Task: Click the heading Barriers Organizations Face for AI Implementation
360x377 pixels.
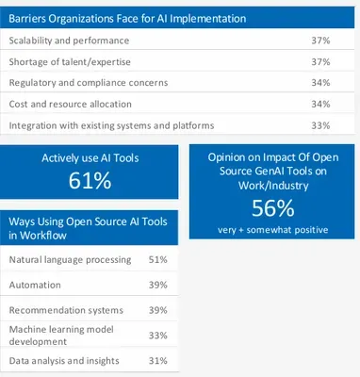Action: (127, 19)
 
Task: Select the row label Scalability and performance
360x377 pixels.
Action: (69, 41)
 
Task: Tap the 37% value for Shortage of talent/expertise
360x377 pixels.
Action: (320, 62)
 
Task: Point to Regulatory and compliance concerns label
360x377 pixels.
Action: (89, 83)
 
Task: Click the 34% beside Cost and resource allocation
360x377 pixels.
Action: (320, 104)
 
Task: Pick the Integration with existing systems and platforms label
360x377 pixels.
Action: (111, 125)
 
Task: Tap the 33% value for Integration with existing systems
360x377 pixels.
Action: (320, 125)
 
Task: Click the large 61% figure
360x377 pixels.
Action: (90, 181)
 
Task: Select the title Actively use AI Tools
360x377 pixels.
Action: (90, 157)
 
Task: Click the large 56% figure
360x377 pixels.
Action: (273, 208)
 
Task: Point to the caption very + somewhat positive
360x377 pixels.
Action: (273, 230)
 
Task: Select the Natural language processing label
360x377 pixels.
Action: (70, 260)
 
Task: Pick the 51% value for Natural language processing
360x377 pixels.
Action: (158, 260)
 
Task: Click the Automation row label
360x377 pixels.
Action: (35, 285)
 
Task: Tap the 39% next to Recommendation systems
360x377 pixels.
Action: (158, 310)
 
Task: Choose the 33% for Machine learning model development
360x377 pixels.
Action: (158, 336)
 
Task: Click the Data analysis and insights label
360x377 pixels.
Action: (64, 361)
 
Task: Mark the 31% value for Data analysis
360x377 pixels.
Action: (158, 361)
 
